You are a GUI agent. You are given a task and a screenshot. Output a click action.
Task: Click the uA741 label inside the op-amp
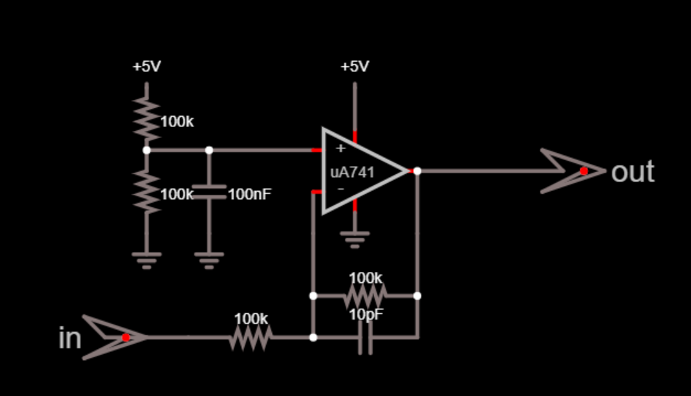[352, 173]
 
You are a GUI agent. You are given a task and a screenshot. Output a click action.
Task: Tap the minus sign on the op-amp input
[340, 189]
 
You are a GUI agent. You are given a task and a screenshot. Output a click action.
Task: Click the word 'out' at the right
[632, 172]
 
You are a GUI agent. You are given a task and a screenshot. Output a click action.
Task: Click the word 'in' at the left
[69, 339]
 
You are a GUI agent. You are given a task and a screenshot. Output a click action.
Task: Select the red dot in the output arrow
[584, 171]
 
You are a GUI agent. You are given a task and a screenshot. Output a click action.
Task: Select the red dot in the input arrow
[126, 337]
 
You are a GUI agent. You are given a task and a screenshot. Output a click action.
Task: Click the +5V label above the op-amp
[354, 67]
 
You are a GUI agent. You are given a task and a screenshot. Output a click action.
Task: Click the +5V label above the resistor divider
[146, 67]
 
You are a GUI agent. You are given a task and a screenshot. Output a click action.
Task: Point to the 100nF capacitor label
[249, 195]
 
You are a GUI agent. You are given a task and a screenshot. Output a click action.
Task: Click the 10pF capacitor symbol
[365, 338]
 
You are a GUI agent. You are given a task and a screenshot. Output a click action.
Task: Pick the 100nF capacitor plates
[209, 192]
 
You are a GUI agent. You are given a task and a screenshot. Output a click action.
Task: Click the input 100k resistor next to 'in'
[251, 338]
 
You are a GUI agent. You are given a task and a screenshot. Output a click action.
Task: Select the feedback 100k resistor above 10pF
[365, 296]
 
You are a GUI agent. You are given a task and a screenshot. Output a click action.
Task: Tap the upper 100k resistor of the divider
[147, 118]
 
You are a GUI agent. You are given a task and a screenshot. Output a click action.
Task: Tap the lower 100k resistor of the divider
[147, 191]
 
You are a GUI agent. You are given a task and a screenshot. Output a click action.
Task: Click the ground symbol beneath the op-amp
[355, 239]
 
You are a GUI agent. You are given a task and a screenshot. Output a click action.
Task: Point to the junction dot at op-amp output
[417, 171]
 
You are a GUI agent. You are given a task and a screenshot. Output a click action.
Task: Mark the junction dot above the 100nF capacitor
[209, 150]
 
